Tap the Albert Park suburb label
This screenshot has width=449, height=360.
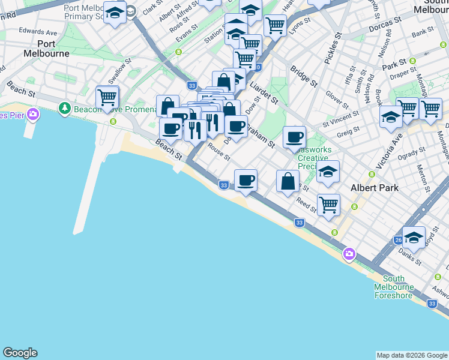tap(375, 188)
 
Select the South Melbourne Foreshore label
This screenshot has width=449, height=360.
tap(393, 287)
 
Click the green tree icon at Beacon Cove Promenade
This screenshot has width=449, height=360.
tap(65, 109)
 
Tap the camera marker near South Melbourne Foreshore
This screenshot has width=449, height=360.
tap(349, 255)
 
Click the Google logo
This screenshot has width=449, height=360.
tap(20, 353)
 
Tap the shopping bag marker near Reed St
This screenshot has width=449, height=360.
tap(288, 181)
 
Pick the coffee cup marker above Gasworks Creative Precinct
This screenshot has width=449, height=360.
tap(294, 136)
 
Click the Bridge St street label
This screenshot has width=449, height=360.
tap(303, 77)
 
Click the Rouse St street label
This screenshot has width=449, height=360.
tap(218, 152)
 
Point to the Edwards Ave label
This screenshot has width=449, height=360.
tap(38, 31)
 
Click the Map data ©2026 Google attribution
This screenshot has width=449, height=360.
tap(412, 355)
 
